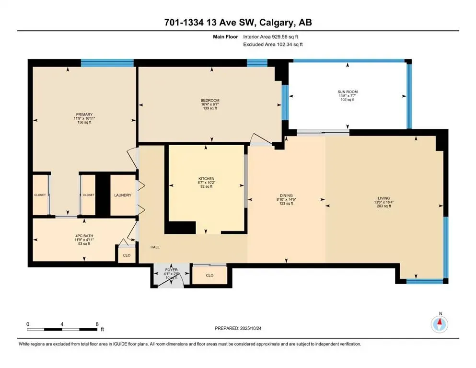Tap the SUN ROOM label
point(348,92)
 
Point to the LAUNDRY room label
point(123,195)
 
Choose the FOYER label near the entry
point(171,270)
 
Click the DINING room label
point(286,195)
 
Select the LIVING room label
point(383,198)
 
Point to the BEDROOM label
point(210,100)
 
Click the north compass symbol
point(439,324)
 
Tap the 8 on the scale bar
point(98,324)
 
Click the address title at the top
point(238,23)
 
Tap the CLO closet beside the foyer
point(209,276)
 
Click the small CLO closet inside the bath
point(127,255)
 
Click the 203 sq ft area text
point(383,206)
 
